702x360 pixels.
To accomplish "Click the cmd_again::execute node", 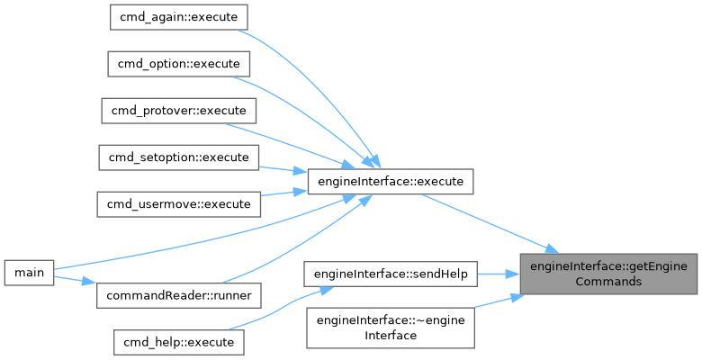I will coord(177,17).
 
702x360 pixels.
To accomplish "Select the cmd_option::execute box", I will coord(177,64).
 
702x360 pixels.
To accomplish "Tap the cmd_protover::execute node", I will coord(177,111).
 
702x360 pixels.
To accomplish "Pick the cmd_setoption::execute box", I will coord(177,157).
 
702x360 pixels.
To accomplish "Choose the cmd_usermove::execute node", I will coord(177,204).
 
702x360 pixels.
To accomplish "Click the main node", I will coord(28,272).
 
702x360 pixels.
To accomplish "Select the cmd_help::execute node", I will coord(177,342).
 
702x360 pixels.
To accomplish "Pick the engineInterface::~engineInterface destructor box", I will coord(391,328).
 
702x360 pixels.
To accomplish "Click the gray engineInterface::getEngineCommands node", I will coord(609,273).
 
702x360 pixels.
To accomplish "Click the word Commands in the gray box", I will coord(609,281).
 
